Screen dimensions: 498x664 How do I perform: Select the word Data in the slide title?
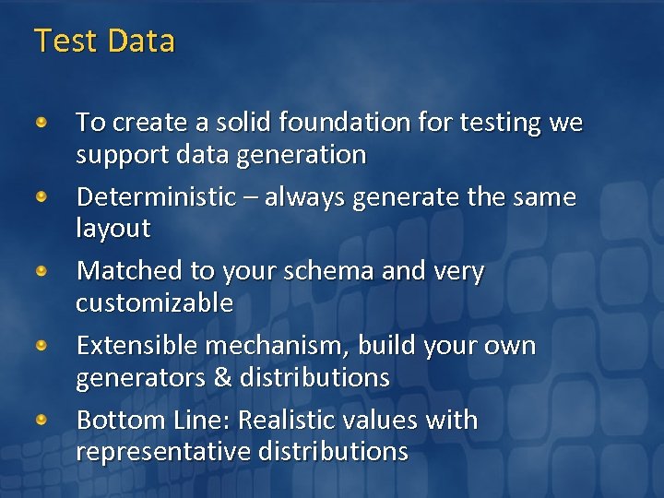click(x=141, y=41)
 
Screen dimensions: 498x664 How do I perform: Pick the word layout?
click(x=113, y=229)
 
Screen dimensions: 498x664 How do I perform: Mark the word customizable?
click(x=154, y=303)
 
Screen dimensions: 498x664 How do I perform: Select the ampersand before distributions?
click(x=222, y=378)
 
